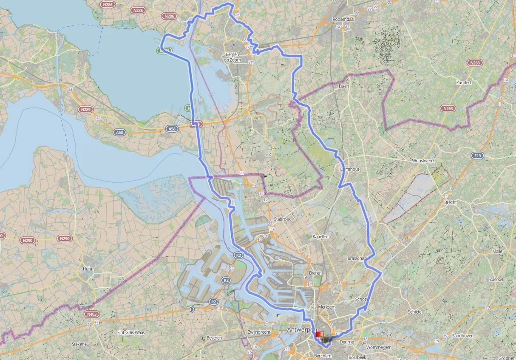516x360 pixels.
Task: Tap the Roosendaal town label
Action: coord(343,20)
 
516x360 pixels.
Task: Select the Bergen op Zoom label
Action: coord(232,58)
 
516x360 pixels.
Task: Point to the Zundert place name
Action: coord(463,82)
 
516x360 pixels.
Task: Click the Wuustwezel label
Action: coord(423,161)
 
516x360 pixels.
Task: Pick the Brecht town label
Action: coord(450,202)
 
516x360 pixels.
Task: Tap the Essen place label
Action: coord(343,86)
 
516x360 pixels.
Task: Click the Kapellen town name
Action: coord(320,236)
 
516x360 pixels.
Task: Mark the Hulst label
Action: coord(88,269)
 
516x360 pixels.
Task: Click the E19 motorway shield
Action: coord(478,156)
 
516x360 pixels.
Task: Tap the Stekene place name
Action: coord(79,344)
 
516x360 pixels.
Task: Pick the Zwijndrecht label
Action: coord(258,332)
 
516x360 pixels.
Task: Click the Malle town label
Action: coord(497,251)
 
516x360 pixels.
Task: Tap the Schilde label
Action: coord(414,312)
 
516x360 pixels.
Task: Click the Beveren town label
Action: coord(214,338)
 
